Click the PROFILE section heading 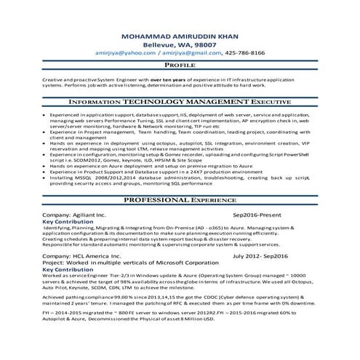[x=180, y=65]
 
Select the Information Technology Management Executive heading [x=180, y=103]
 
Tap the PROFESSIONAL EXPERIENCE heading [x=180, y=199]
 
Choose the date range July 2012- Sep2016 [x=260, y=257]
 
